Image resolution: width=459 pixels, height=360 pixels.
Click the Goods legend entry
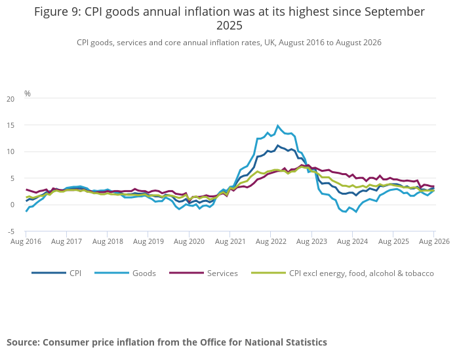125,273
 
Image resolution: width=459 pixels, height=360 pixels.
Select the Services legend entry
203,273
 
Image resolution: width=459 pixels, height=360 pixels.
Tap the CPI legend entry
56,273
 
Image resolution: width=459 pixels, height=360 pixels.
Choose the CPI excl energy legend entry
342,273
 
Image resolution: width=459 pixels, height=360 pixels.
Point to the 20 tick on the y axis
10,99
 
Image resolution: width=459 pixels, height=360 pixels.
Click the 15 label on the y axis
10,125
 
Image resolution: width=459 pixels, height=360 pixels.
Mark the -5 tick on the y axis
10,232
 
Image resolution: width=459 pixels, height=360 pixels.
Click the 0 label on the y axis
12,205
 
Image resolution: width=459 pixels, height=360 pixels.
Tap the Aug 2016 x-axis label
26,241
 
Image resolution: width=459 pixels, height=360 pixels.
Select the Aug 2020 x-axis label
189,241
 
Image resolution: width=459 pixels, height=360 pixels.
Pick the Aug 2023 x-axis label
311,241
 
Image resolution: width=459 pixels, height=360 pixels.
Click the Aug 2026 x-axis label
434,241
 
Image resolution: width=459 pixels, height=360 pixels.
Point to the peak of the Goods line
278,126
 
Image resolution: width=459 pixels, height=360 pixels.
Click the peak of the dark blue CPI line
278,145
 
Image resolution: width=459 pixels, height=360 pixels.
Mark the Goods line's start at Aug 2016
26,211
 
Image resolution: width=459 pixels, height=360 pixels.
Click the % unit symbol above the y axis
28,93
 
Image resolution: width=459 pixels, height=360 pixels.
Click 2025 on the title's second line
229,26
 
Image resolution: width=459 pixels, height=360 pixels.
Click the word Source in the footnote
23,342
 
